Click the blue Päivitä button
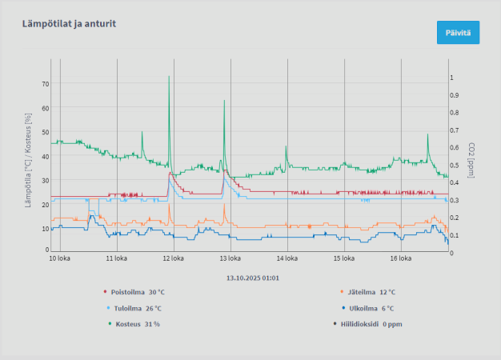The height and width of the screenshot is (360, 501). point(458,33)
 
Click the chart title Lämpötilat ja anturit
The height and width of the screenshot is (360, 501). point(70,24)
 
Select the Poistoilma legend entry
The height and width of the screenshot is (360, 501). point(134,292)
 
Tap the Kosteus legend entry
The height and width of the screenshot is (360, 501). point(134,324)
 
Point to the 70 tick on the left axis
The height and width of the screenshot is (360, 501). point(45,84)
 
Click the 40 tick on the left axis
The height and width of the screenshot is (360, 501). point(45,156)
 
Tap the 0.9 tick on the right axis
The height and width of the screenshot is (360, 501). point(455,95)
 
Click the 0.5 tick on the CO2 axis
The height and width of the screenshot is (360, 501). point(455,166)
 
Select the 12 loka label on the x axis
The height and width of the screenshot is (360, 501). point(173,258)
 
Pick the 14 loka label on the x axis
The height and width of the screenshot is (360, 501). point(287,258)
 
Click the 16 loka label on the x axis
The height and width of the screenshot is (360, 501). point(400,258)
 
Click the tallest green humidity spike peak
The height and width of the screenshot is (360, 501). point(169,77)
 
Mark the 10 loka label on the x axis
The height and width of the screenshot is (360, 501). point(60,258)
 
